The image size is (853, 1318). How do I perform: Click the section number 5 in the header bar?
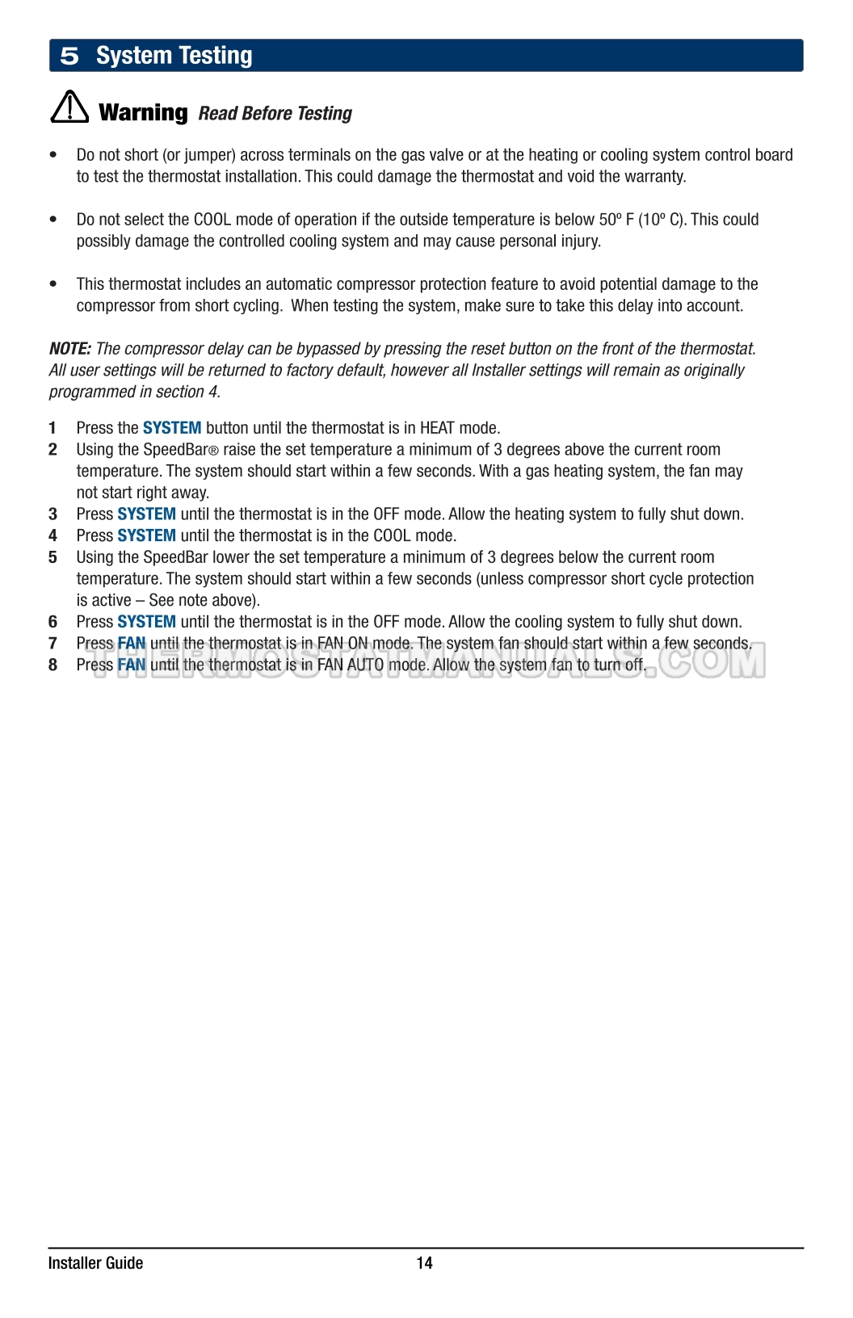69,56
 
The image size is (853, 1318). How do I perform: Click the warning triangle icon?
69,107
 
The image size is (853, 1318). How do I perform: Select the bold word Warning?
143,112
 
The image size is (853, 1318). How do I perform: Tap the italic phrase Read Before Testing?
275,114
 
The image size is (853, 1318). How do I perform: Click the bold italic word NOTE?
69,349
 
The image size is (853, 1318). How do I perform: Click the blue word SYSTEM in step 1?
172,428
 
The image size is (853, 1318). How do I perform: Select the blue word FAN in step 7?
132,644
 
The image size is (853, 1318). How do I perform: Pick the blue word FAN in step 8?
132,665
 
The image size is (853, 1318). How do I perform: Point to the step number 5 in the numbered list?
53,557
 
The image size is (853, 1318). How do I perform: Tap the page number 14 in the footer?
425,1263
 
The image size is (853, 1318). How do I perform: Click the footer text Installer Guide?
95,1263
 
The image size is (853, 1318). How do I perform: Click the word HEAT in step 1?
437,428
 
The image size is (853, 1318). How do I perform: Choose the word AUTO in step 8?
365,665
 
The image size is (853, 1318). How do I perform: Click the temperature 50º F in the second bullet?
616,220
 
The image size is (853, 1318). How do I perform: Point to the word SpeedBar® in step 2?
180,450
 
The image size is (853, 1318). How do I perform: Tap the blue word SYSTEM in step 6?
146,622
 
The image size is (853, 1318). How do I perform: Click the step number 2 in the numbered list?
53,450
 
